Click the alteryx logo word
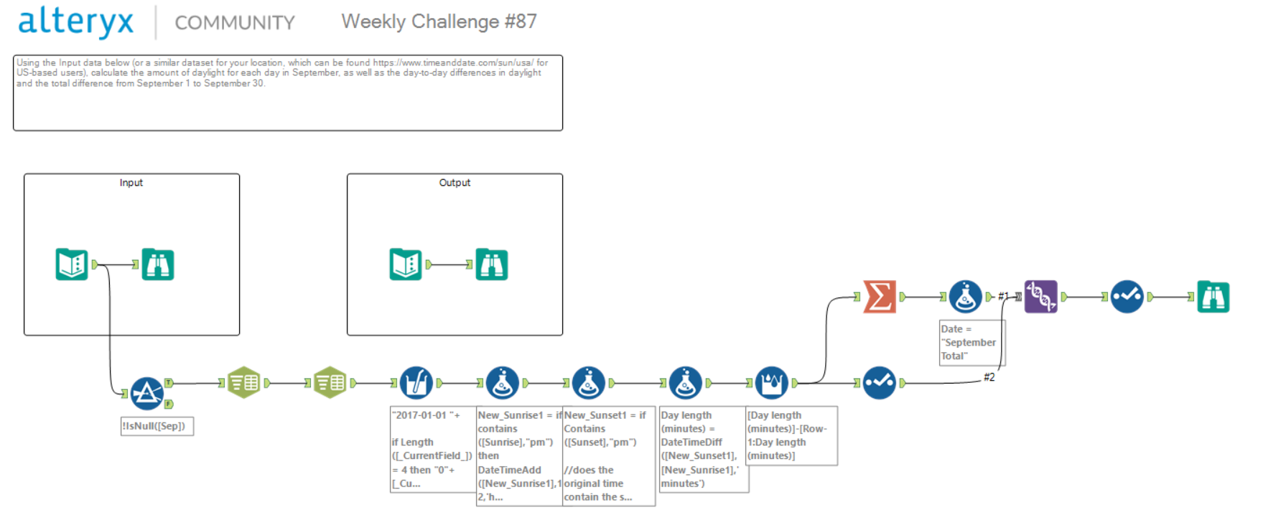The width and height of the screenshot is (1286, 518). pos(75,22)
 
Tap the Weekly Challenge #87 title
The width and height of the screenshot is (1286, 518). pos(439,22)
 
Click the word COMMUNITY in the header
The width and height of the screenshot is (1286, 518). pos(235,23)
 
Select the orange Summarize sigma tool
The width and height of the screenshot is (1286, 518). pos(880,296)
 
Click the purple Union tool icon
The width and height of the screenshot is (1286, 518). pos(1040,296)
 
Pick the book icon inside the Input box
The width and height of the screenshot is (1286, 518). pos(72,264)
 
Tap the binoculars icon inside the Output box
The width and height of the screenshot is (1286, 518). pos(492,264)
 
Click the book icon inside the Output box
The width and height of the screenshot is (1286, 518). pos(406,264)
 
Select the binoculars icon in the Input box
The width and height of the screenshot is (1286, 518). pos(158,264)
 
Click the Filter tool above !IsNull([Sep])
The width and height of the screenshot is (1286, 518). pos(147,393)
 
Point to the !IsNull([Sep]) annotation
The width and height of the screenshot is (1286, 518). pos(157,426)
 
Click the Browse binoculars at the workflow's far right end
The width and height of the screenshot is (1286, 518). pos(1213,297)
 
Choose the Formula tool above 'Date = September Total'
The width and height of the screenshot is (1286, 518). pos(966,296)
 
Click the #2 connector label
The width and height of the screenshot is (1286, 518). pos(989,377)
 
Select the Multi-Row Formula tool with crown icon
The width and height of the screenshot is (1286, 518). pos(772,383)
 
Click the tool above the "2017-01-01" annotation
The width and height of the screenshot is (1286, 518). pos(416,383)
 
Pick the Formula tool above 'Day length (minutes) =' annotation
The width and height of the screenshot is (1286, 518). pos(686,383)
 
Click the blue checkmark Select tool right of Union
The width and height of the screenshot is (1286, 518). pos(1127,296)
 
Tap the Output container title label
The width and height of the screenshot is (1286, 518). pos(455,182)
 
